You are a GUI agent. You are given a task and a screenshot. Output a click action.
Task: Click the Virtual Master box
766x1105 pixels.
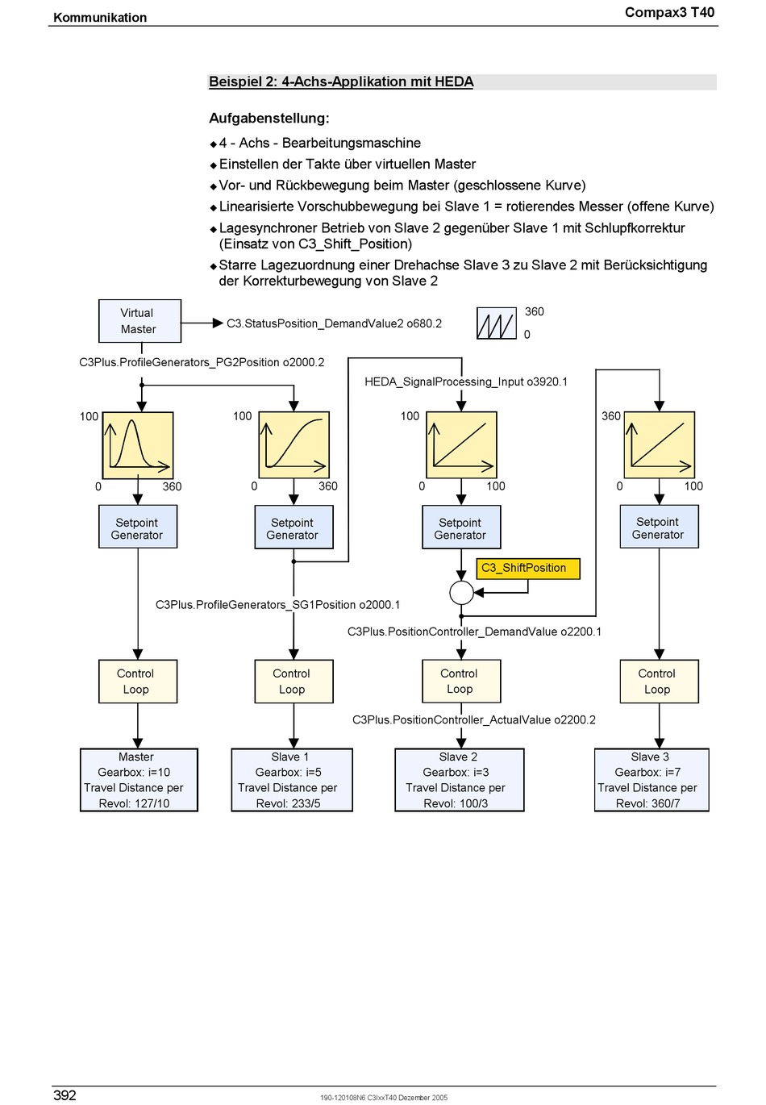click(x=139, y=321)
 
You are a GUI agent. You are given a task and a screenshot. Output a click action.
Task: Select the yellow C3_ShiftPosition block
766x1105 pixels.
click(x=528, y=569)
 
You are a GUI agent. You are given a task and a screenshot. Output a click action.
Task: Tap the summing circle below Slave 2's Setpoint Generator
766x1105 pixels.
click(x=461, y=593)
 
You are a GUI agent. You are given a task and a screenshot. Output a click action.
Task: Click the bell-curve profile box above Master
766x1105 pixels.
click(x=138, y=445)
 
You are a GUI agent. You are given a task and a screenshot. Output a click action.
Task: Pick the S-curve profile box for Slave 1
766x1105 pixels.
click(x=294, y=445)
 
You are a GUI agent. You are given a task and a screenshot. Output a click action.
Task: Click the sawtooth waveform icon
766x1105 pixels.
click(x=496, y=323)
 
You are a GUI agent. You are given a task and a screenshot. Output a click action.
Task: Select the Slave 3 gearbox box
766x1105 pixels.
click(x=652, y=780)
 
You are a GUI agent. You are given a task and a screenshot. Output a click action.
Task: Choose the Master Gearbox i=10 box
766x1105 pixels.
click(x=139, y=780)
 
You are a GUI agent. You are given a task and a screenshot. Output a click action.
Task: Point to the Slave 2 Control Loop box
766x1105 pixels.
click(x=461, y=682)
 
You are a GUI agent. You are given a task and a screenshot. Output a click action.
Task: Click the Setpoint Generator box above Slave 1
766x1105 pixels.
click(x=294, y=527)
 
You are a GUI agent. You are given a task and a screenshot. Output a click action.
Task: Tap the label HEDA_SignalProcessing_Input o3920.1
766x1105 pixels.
click(x=465, y=382)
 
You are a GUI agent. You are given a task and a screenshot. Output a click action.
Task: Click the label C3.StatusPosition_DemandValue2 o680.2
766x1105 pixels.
click(x=334, y=323)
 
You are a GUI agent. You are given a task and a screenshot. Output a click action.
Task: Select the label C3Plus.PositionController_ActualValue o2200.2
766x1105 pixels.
click(x=473, y=719)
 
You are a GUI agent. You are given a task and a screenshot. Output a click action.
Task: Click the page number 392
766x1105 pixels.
click(x=65, y=1095)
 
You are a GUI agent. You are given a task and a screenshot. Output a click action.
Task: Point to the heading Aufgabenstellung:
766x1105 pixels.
click(x=269, y=119)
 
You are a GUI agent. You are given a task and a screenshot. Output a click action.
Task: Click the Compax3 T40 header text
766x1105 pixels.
click(x=669, y=12)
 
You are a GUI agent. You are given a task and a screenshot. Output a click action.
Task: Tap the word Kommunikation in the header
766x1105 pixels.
click(x=100, y=18)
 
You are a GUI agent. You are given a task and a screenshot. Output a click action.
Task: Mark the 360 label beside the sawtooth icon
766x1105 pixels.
click(x=534, y=312)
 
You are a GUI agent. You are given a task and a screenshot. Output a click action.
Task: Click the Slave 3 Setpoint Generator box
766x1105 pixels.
click(x=660, y=527)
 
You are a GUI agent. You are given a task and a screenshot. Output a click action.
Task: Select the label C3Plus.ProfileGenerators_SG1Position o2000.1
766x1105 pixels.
click(x=277, y=605)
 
